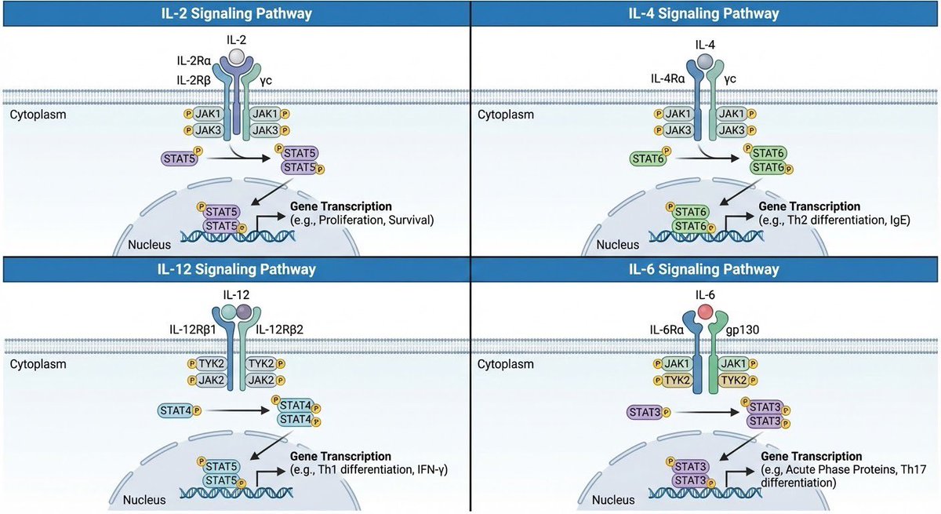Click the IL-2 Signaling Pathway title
click(235, 13)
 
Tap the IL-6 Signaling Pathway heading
click(705, 269)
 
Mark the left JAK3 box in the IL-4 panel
click(677, 129)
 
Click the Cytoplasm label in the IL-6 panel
click(506, 364)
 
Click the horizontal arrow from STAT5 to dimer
click(234, 158)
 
